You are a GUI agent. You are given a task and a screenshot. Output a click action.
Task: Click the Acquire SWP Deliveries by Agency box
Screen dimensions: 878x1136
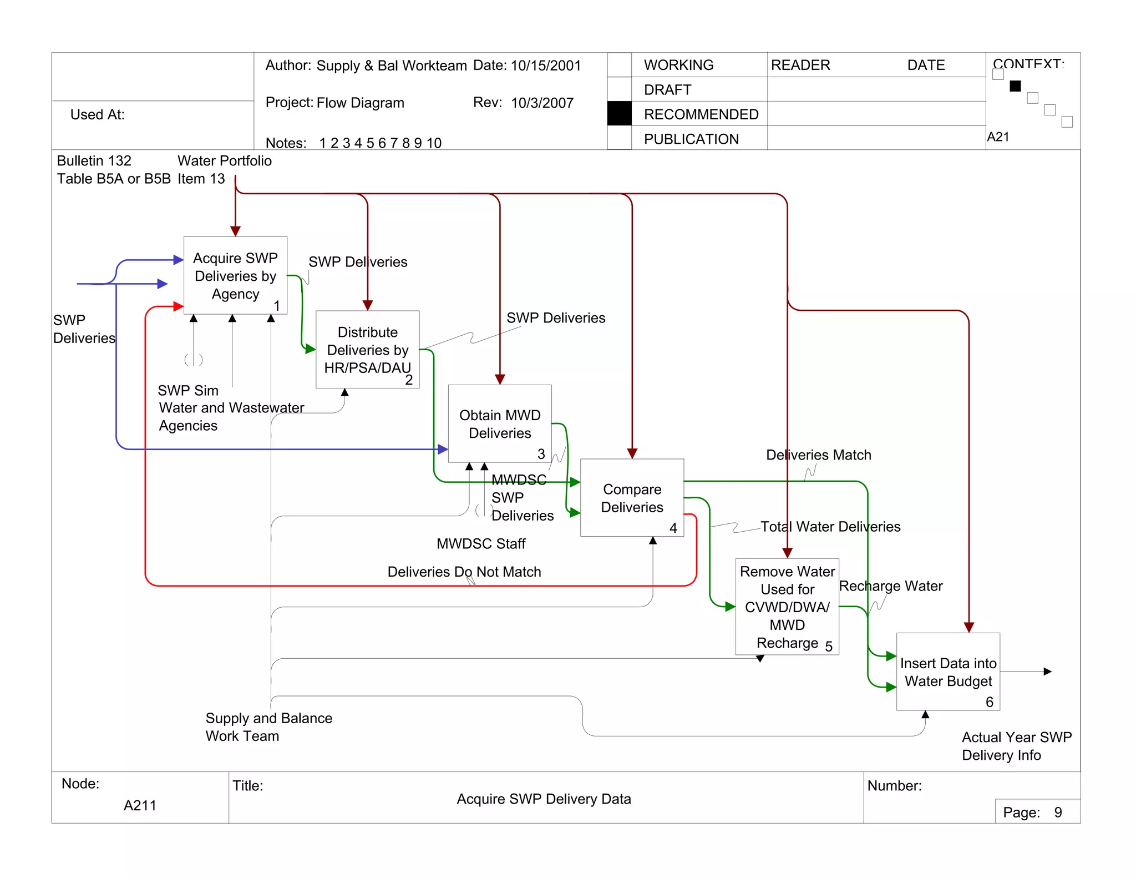coord(235,276)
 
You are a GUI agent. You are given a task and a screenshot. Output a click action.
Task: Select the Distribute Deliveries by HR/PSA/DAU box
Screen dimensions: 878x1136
coord(367,350)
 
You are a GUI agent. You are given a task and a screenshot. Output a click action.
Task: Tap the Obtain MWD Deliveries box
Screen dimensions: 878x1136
coord(499,424)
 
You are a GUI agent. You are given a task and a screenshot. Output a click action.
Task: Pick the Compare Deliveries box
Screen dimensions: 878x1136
coord(632,498)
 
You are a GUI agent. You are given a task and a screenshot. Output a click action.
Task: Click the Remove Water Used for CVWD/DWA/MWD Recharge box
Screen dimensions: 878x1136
coord(787,607)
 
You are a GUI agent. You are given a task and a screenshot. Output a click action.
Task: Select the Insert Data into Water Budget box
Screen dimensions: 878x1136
coord(948,672)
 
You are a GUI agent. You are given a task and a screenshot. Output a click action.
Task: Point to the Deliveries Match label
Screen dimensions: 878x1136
coord(818,455)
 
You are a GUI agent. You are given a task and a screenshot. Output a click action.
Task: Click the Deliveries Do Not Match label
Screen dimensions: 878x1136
coord(464,572)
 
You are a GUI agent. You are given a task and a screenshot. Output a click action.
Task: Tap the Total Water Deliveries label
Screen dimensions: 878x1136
coord(830,527)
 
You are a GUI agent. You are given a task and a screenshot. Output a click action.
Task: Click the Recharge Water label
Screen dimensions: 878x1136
coord(890,586)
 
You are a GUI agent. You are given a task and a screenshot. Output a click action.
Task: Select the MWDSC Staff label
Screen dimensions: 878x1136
coord(480,544)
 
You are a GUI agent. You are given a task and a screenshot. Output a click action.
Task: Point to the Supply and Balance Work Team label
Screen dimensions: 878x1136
coord(268,727)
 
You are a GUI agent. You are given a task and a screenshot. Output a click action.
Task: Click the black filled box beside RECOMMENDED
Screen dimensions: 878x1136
coord(619,114)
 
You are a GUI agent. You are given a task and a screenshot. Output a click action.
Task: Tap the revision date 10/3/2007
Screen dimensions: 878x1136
coord(542,103)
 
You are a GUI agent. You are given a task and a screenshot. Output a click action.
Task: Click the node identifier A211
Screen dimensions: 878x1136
coord(140,805)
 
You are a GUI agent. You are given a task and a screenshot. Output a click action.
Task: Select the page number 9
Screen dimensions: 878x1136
coord(1058,813)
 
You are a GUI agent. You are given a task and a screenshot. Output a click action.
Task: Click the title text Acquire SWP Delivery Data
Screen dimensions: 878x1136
coord(544,799)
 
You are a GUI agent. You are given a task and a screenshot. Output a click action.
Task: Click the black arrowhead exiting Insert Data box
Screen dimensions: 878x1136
coord(1047,672)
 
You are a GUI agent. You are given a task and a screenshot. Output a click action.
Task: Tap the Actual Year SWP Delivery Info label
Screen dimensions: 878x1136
coord(1016,746)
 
